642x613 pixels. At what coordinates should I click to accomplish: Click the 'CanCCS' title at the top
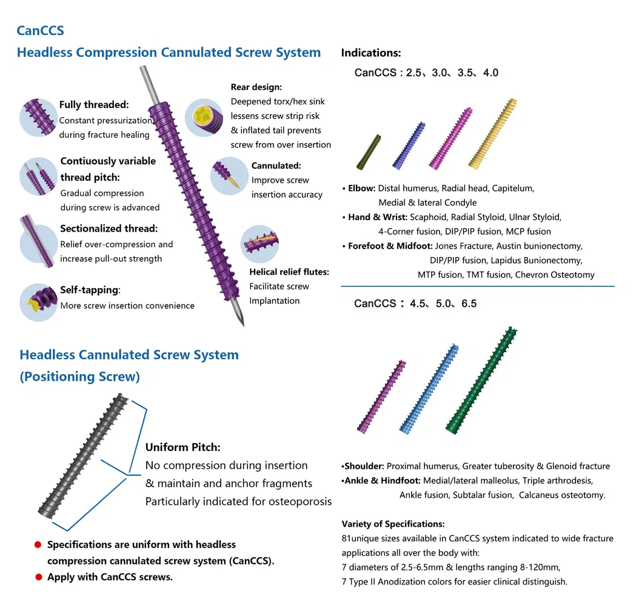point(40,30)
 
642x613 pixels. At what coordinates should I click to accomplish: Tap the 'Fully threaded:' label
point(94,105)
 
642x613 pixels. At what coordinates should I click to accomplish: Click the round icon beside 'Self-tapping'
point(38,301)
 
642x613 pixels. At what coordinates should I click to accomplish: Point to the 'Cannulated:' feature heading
point(276,166)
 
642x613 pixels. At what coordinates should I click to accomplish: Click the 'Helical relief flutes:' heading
point(289,272)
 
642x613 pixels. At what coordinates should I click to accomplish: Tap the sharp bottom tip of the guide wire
point(242,324)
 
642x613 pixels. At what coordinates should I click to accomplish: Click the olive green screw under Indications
point(369,152)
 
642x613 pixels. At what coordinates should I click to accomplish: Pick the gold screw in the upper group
point(492,133)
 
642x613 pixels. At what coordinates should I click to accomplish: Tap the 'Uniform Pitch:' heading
point(182,448)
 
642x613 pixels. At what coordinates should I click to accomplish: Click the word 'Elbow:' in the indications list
point(362,189)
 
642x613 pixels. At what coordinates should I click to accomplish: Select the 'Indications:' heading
point(371,53)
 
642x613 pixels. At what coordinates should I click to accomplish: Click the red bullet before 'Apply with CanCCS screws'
point(38,577)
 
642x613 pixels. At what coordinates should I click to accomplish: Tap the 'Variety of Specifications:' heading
point(393,524)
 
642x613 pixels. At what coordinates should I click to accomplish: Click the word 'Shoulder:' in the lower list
point(364,466)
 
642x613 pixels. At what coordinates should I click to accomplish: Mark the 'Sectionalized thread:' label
point(109,229)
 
